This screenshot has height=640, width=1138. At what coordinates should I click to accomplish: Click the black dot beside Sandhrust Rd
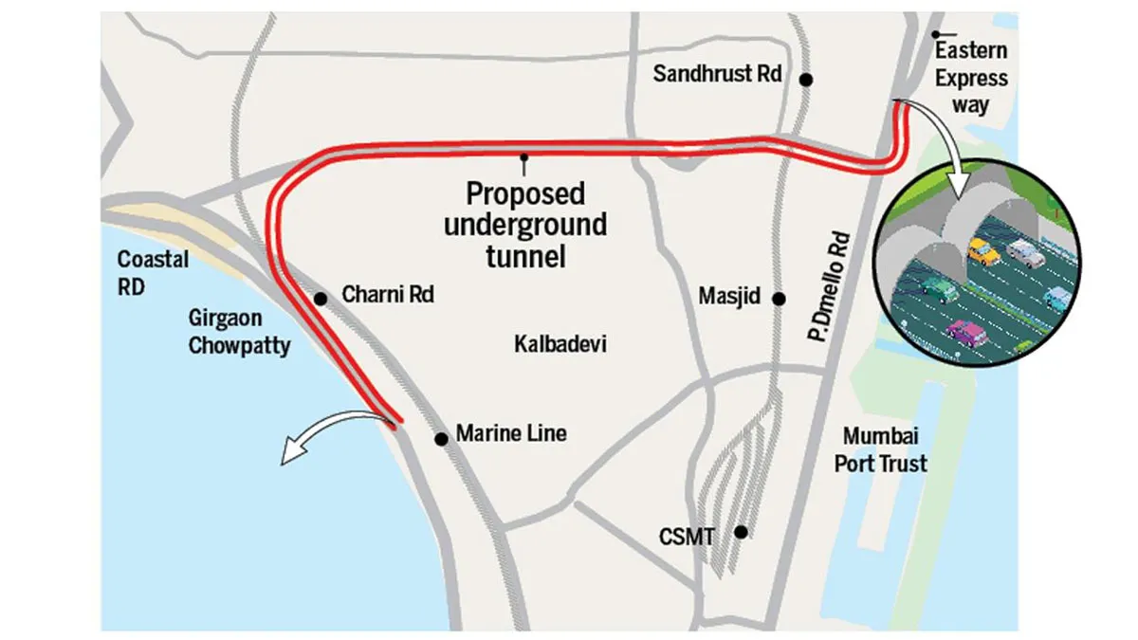click(806, 80)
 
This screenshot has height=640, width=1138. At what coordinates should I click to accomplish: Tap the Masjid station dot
click(779, 298)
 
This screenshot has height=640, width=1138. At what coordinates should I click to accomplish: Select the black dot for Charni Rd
click(321, 299)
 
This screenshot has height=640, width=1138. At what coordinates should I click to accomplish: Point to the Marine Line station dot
click(441, 439)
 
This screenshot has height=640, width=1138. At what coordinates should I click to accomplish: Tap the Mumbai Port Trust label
click(885, 450)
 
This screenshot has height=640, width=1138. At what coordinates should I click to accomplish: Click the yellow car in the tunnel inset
click(983, 251)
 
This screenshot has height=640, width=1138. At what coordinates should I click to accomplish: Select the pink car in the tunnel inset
click(966, 333)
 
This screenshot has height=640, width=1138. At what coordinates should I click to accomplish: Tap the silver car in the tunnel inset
click(1024, 252)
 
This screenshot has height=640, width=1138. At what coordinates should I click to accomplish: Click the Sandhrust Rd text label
click(718, 73)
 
